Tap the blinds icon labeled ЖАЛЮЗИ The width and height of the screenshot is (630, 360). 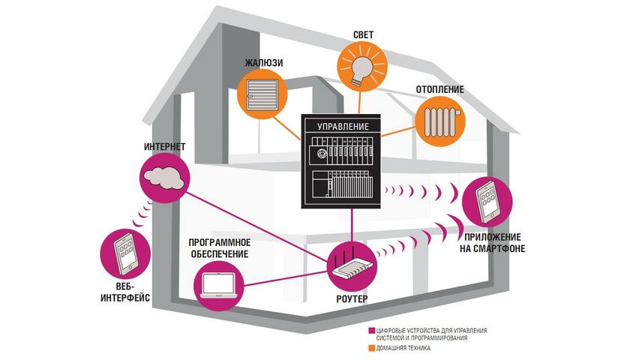click(262, 96)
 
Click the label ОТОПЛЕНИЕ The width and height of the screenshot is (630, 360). click(439, 89)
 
